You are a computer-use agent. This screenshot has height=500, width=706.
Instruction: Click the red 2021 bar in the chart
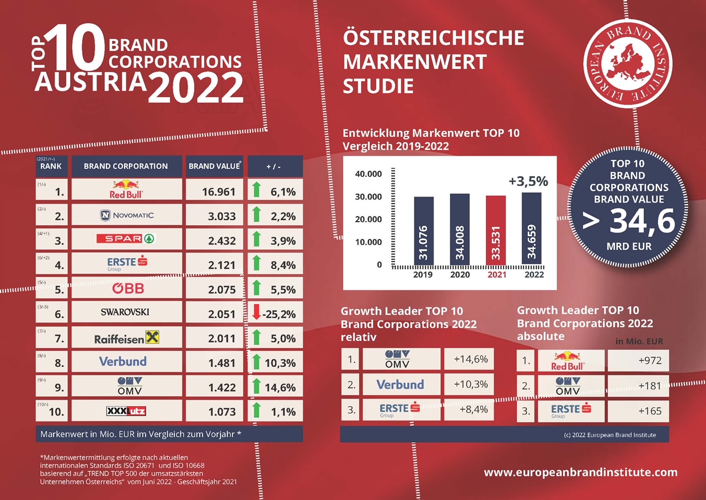[x=495, y=231]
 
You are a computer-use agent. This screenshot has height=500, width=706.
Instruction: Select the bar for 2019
[x=424, y=231]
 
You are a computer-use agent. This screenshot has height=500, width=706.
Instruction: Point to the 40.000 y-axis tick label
[x=367, y=174]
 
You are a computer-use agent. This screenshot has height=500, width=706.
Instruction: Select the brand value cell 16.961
[x=215, y=192]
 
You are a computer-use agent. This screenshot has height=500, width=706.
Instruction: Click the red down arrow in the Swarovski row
[x=255, y=313]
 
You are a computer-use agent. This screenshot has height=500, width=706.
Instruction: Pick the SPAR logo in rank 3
[x=127, y=239]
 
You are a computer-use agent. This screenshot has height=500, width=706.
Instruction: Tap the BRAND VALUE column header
[x=215, y=166]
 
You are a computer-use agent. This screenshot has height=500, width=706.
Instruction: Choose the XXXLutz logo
[x=127, y=411]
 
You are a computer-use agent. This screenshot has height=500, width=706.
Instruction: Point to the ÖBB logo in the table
[x=127, y=288]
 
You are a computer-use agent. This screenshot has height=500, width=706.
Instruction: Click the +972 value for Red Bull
[x=638, y=361]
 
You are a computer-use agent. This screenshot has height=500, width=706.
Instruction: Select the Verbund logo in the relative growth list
[x=400, y=384]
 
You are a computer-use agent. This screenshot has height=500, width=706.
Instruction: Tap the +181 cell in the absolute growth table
[x=638, y=386]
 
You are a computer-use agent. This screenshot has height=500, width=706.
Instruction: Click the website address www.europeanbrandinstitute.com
[x=580, y=472]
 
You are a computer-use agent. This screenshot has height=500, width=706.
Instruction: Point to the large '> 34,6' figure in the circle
[x=629, y=221]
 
